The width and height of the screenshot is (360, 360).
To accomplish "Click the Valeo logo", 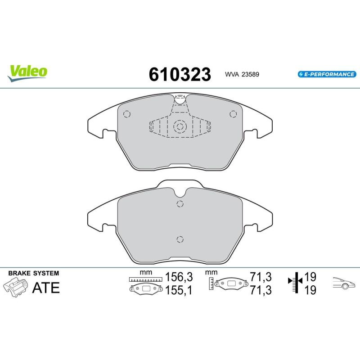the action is (x=27, y=73).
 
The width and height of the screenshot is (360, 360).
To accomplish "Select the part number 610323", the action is (x=180, y=74).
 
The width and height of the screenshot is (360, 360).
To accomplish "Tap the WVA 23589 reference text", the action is (x=242, y=74).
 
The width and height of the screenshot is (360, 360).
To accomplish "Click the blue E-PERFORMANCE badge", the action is (x=327, y=74).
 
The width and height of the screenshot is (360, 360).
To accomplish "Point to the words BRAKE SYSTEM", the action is (x=33, y=273).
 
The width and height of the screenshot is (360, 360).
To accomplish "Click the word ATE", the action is (x=46, y=288).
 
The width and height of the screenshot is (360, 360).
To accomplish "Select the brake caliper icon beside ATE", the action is (x=15, y=287).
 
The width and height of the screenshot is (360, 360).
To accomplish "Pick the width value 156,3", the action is (x=179, y=277).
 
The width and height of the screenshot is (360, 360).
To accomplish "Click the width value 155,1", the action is (x=179, y=290).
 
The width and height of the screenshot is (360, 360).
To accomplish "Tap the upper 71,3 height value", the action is (x=261, y=277).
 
